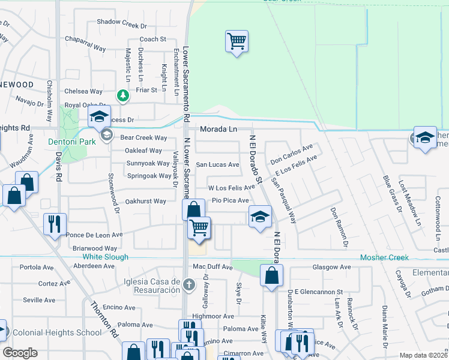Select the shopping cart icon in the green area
[x=237, y=42]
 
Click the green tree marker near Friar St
[x=122, y=95]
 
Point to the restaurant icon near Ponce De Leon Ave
[x=55, y=224]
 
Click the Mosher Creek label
[x=384, y=257]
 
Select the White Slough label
[x=105, y=257]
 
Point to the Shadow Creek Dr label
[x=122, y=26]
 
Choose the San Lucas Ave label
[x=218, y=164]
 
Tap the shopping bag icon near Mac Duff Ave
[x=271, y=276]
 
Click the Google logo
[x=20, y=352]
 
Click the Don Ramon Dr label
[x=339, y=227]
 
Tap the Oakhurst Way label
[x=145, y=201]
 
